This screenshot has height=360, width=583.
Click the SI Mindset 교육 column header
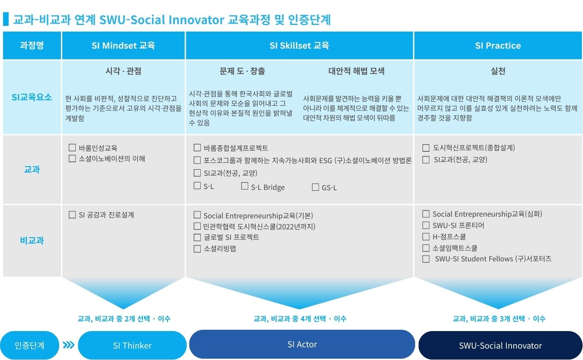[123, 46]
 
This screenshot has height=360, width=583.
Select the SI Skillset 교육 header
[299, 46]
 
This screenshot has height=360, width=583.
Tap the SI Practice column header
[498, 46]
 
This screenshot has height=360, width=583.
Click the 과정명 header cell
[32, 46]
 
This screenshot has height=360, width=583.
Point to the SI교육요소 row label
[32, 97]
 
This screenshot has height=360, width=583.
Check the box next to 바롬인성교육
[72, 148]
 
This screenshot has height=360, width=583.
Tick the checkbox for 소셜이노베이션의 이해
[72, 159]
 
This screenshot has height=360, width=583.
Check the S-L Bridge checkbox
[245, 186]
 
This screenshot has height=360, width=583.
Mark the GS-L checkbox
[315, 187]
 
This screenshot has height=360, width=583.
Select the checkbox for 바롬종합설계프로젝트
[197, 148]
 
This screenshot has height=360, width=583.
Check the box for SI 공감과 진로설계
[72, 215]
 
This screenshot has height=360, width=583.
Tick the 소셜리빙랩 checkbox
[197, 249]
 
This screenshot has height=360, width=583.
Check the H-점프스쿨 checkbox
[426, 237]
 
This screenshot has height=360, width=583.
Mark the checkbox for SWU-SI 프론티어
[426, 225]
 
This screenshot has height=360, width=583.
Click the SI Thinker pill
[132, 345]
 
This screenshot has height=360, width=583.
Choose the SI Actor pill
[302, 344]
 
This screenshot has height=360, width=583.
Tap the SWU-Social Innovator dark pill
[500, 345]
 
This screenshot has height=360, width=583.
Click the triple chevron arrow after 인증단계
[69, 345]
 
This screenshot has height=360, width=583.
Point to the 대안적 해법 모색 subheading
[356, 71]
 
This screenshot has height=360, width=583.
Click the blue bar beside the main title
[6, 19]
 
